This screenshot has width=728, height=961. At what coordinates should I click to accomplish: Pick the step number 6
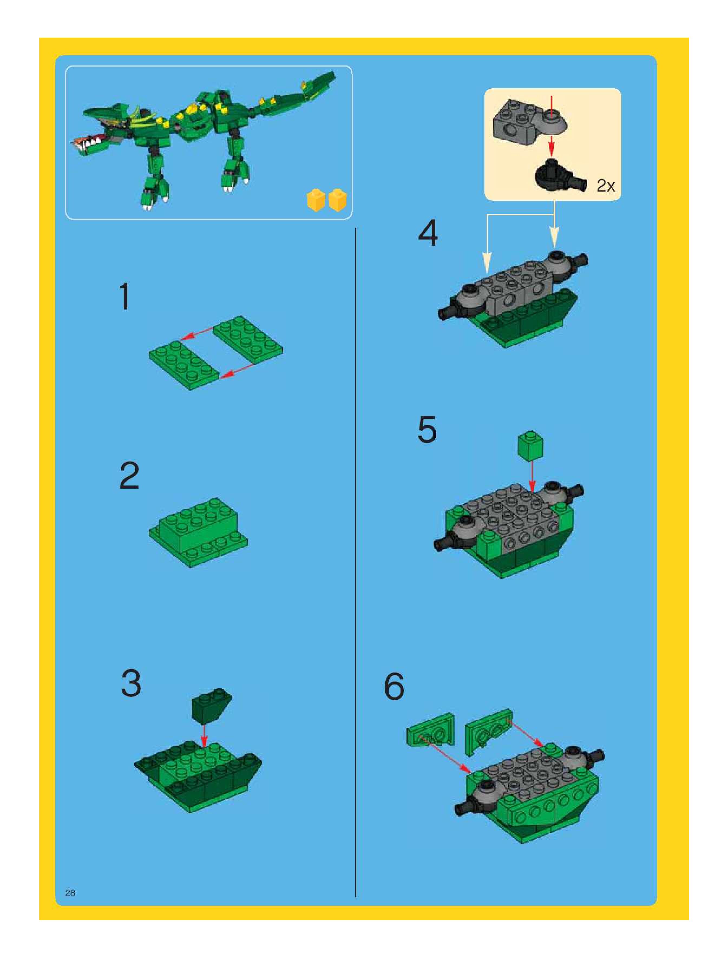394,686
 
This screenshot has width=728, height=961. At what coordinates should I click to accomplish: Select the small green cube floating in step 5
530,445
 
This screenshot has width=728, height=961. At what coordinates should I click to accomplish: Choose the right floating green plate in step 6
488,732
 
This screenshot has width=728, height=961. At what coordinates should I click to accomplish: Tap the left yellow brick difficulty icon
316,200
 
